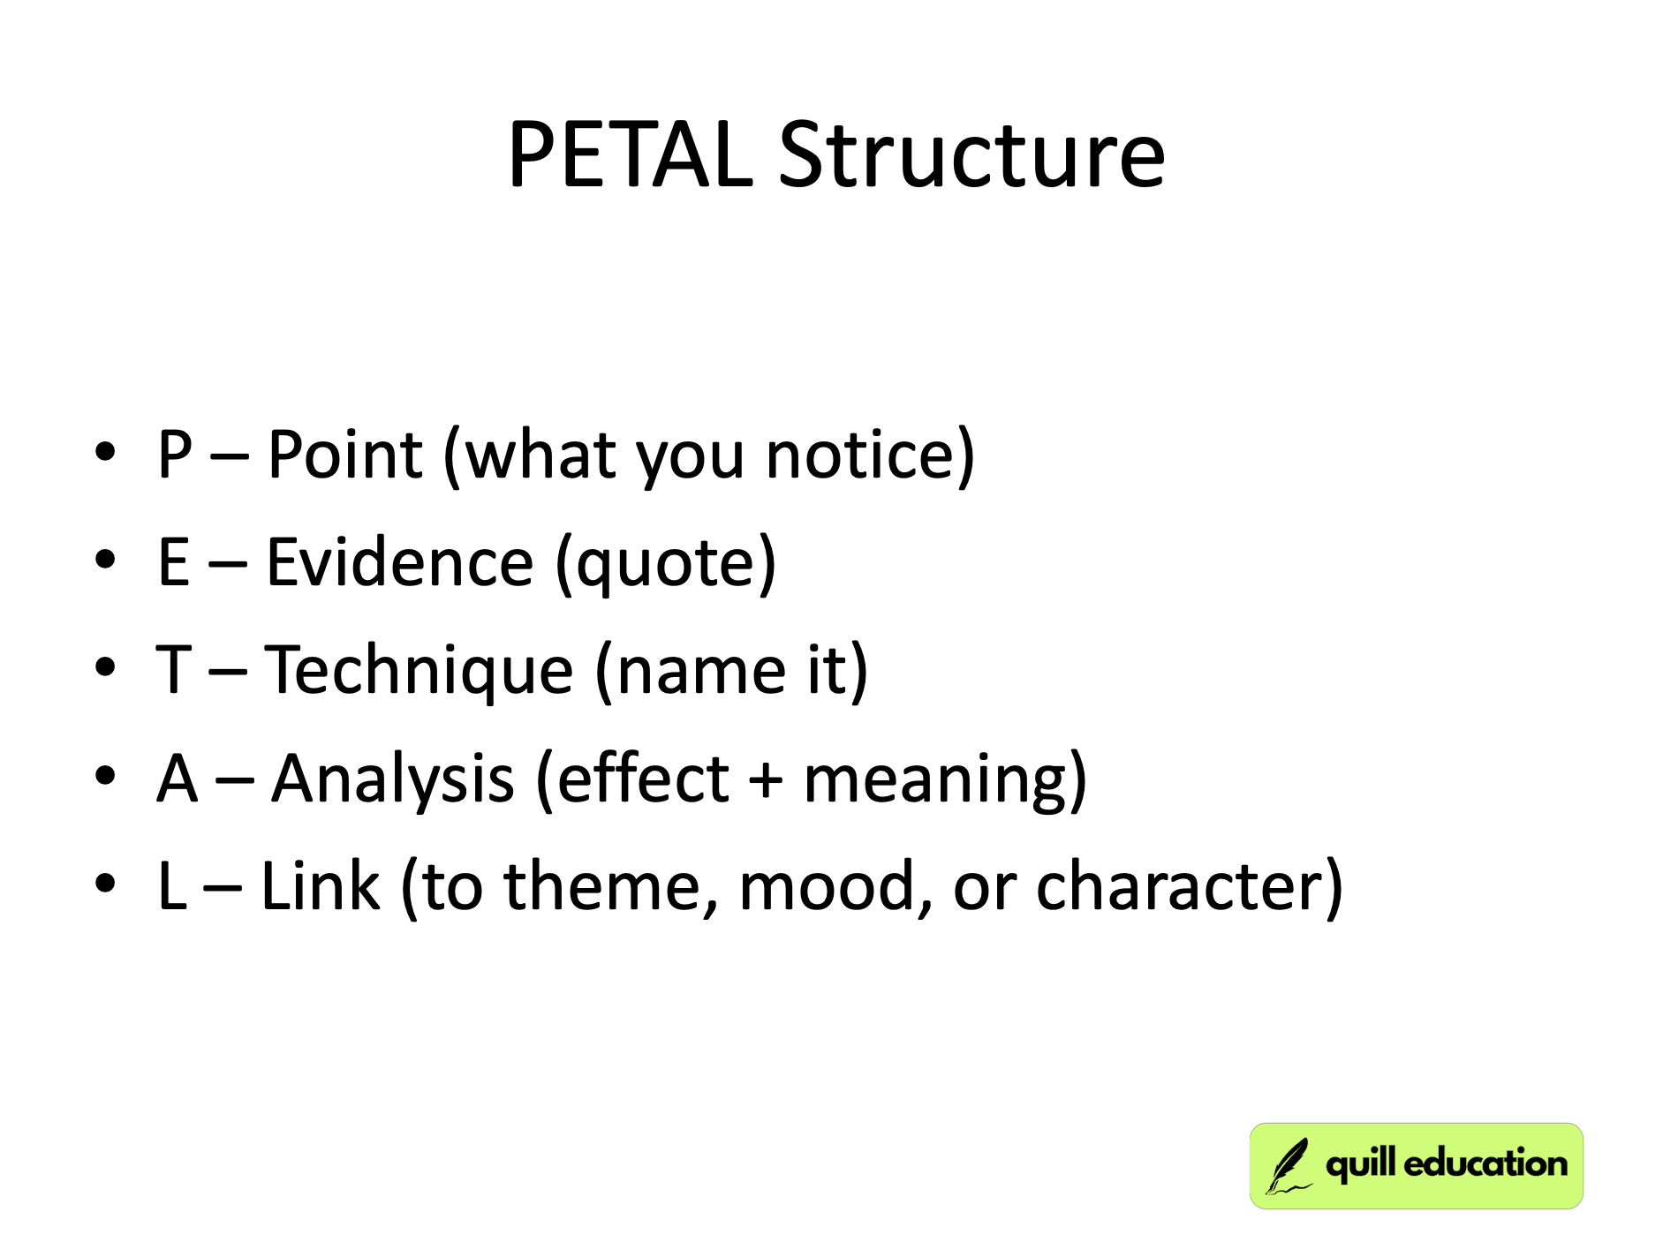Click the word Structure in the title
[x=971, y=155]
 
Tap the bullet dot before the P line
[x=105, y=452]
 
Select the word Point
[x=344, y=455]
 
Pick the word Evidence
[x=400, y=562]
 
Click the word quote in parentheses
[x=666, y=565]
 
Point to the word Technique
[x=419, y=671]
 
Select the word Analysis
[x=393, y=779]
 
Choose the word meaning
[x=935, y=781]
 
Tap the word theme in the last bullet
[x=602, y=887]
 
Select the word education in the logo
[x=1485, y=1163]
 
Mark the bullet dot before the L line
[x=105, y=883]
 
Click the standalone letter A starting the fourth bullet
[x=177, y=779]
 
